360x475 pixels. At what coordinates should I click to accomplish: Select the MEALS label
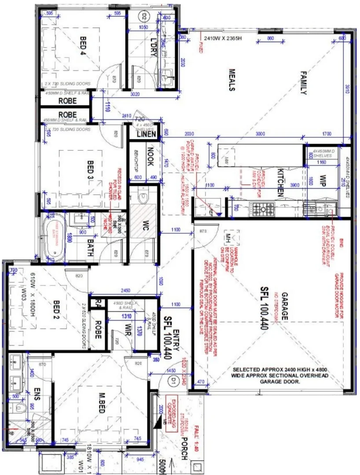click(x=231, y=80)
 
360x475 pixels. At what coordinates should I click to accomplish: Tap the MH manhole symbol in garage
click(x=228, y=238)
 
